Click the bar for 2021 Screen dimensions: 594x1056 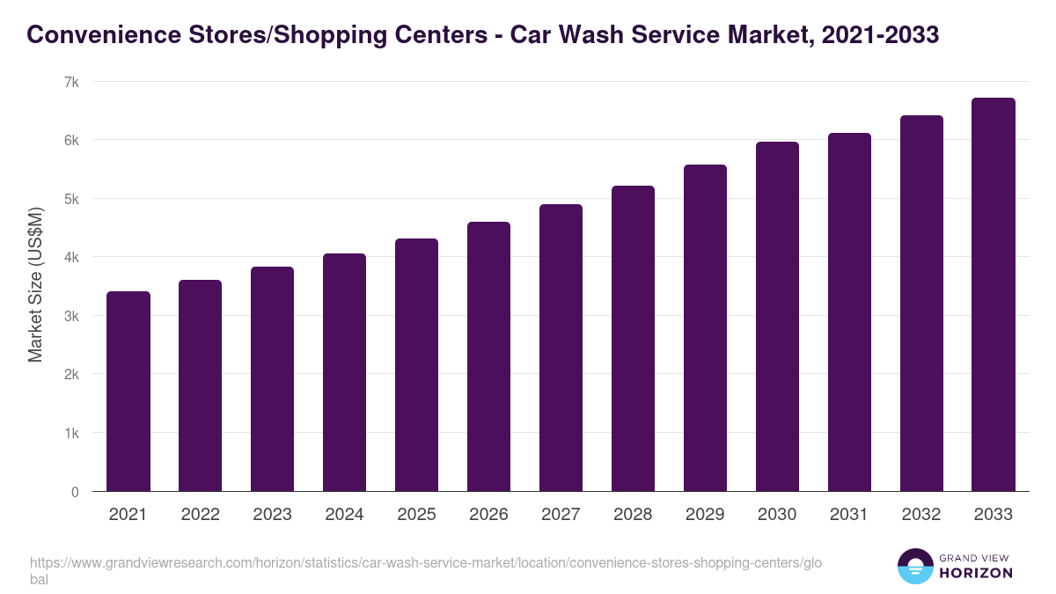[x=128, y=392]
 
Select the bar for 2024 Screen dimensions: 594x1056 [x=344, y=372]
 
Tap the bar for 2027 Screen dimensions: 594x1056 [x=561, y=348]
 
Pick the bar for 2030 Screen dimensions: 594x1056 [x=777, y=317]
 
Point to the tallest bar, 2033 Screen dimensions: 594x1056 [x=994, y=295]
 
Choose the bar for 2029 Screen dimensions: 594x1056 [x=705, y=328]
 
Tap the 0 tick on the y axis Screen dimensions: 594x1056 [x=76, y=492]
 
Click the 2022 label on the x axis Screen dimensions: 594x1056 [x=201, y=515]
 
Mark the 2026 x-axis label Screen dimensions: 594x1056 [x=488, y=515]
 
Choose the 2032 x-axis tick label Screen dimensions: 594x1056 [x=921, y=515]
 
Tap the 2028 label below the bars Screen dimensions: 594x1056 [x=633, y=515]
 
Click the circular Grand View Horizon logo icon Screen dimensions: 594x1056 [x=915, y=566]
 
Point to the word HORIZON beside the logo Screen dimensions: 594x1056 [x=975, y=573]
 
